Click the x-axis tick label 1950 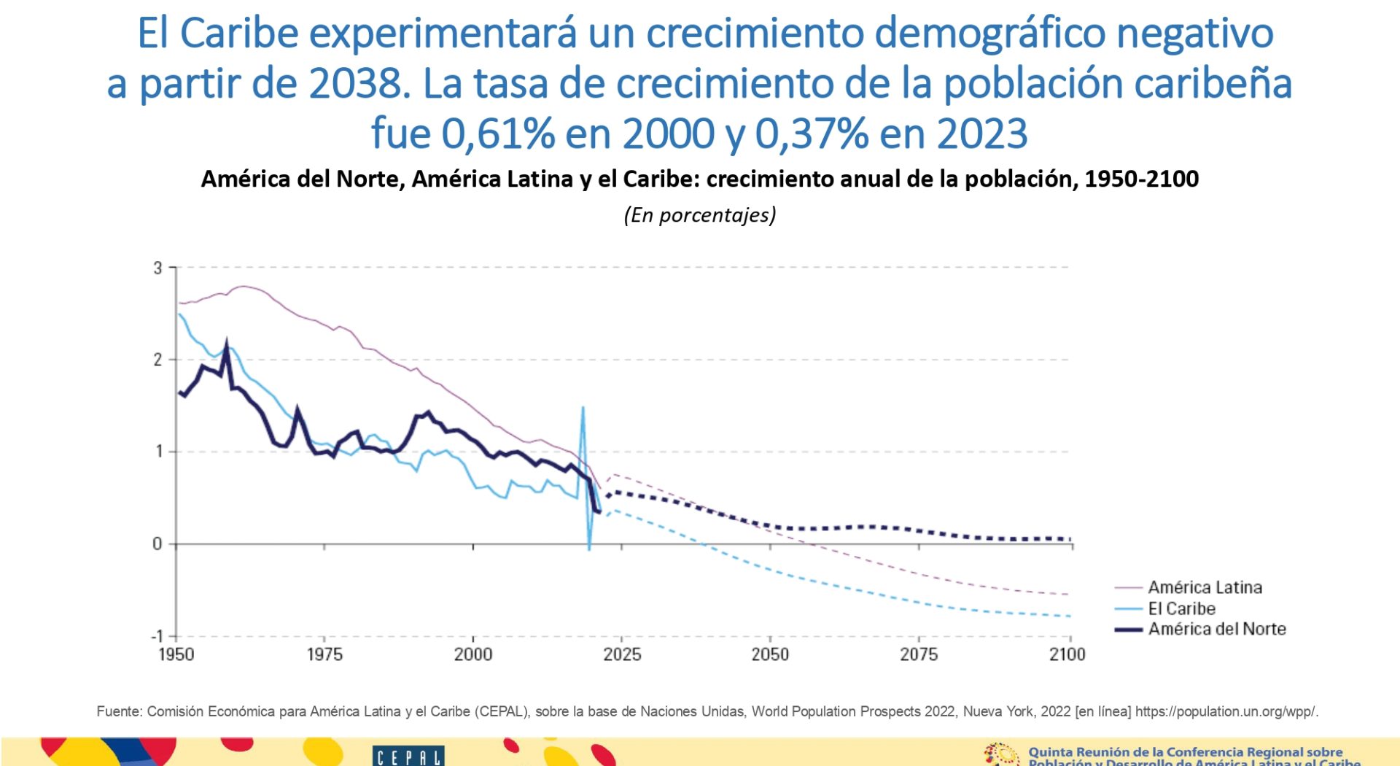click(x=176, y=654)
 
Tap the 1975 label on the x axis click(x=324, y=654)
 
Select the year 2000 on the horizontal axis click(x=473, y=654)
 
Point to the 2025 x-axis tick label click(x=622, y=654)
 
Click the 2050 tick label click(x=770, y=654)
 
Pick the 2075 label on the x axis click(x=919, y=654)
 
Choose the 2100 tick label click(x=1067, y=654)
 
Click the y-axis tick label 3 click(x=157, y=268)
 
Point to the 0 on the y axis click(x=157, y=543)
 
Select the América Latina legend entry click(x=1205, y=587)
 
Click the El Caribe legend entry click(x=1181, y=608)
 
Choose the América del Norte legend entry click(x=1216, y=629)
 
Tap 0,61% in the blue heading click(x=498, y=134)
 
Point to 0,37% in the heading click(x=811, y=134)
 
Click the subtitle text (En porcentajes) click(x=700, y=215)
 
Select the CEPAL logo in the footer click(x=408, y=756)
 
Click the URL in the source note click(x=1226, y=711)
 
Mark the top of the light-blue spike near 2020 click(x=583, y=407)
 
